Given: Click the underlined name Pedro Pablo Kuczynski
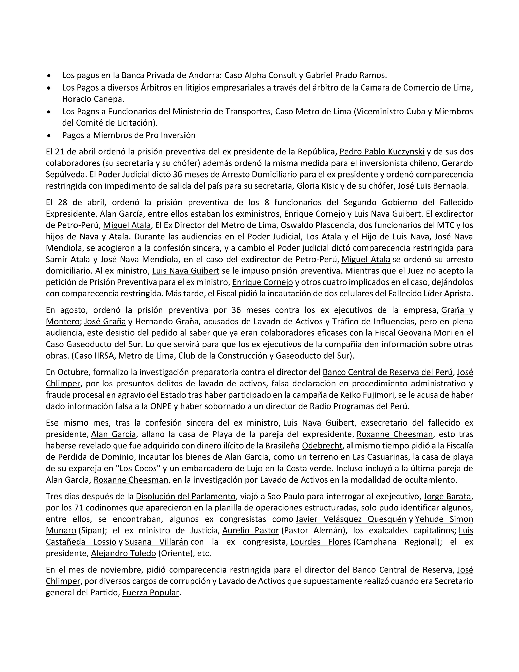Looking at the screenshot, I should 382,152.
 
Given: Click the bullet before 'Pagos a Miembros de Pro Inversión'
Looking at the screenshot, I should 49,135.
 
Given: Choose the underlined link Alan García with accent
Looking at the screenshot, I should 121,214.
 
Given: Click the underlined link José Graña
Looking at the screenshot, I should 105,322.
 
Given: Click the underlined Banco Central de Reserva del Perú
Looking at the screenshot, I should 388,372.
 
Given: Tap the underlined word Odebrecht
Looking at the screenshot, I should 322,446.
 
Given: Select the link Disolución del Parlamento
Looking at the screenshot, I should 186,496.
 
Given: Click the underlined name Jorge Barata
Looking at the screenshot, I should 447,496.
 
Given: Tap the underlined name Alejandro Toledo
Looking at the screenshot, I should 124,553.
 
